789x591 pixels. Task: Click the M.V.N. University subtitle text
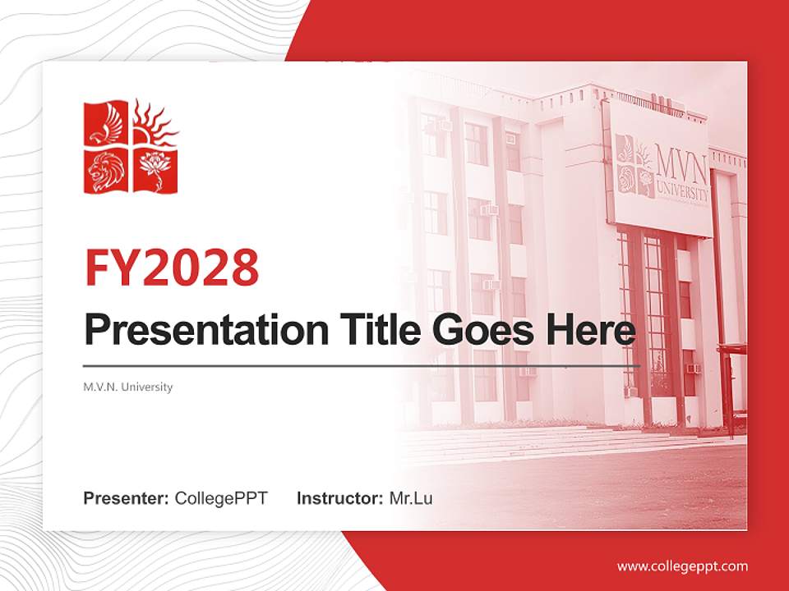pos(128,387)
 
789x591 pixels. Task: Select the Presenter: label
pos(127,498)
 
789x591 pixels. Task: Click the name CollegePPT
pos(221,498)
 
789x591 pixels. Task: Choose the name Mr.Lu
pos(411,498)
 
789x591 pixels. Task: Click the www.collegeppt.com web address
pos(682,566)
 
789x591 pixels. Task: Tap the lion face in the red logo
pos(107,171)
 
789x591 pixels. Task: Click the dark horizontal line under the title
pos(362,365)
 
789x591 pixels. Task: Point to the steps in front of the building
pos(526,443)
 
